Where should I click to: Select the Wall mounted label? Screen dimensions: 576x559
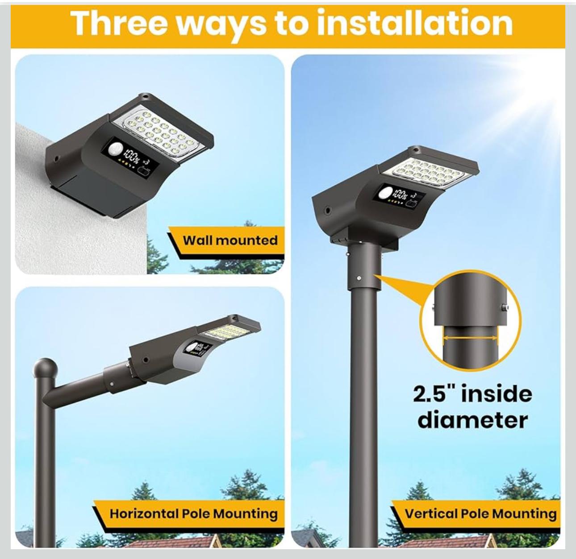click(230, 240)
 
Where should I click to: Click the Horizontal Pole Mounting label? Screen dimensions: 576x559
click(194, 514)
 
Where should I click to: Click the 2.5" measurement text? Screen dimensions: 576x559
click(434, 394)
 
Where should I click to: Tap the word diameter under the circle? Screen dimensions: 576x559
click(473, 420)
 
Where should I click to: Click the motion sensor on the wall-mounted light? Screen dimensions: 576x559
click(115, 150)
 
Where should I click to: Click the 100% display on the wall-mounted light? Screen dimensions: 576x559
click(132, 156)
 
